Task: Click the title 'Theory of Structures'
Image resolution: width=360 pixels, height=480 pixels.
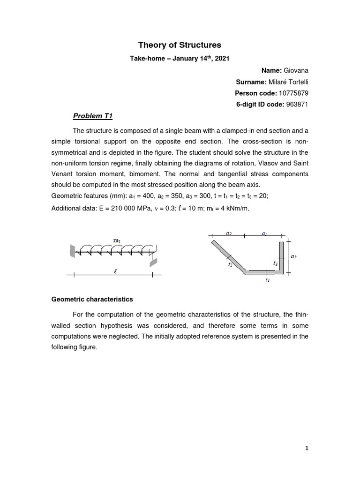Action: pyautogui.click(x=180, y=45)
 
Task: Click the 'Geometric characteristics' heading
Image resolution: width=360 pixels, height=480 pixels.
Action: pyautogui.click(x=92, y=299)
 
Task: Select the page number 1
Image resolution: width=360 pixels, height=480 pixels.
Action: pyautogui.click(x=307, y=449)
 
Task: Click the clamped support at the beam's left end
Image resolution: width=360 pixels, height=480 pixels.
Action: pyautogui.click(x=72, y=251)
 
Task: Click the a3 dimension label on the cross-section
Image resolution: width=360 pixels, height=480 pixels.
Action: pyautogui.click(x=293, y=256)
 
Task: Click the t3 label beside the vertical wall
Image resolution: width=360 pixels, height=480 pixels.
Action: pyautogui.click(x=275, y=264)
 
